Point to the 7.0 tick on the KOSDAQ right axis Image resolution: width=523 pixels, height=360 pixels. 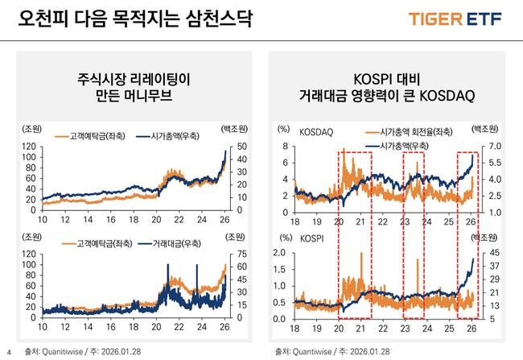[x=493, y=146]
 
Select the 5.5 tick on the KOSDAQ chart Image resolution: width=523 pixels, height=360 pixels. [x=493, y=162]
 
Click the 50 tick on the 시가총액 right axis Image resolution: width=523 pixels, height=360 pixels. [x=233, y=146]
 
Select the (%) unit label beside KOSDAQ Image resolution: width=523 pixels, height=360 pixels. [x=282, y=129]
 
